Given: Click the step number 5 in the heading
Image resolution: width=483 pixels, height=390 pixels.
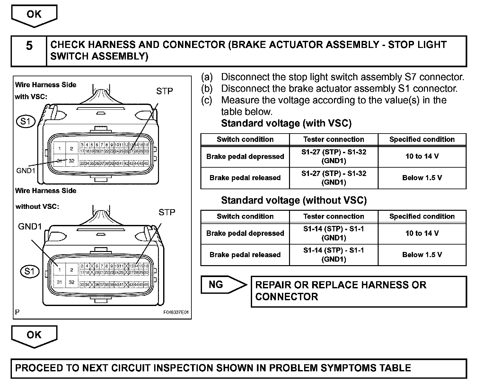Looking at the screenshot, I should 29,45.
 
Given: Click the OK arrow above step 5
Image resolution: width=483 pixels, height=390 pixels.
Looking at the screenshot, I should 34,15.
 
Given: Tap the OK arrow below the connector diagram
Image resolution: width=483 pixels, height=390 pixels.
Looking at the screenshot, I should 34,336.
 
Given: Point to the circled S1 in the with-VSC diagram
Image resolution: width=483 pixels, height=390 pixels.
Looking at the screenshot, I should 25,122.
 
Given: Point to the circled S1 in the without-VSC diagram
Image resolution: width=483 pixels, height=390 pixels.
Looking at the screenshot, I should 29,271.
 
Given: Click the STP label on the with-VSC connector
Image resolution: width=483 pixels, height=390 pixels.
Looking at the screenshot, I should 164,91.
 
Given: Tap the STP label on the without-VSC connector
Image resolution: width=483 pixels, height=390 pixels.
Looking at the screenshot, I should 167,212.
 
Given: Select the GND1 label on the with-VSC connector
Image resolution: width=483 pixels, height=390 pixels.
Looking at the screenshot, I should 26,171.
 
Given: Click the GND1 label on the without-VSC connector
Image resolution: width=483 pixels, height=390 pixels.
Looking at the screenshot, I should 30,227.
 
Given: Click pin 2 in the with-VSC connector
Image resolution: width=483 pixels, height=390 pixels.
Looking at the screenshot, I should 72,149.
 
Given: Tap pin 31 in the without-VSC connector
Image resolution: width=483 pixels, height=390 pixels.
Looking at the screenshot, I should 59,282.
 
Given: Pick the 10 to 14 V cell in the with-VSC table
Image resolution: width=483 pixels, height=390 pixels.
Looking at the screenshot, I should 422,156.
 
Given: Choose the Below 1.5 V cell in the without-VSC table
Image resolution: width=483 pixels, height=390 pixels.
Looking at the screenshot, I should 422,255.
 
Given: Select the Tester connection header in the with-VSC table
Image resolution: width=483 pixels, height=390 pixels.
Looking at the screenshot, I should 334,139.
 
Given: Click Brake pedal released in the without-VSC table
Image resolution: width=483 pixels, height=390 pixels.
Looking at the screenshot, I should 245,255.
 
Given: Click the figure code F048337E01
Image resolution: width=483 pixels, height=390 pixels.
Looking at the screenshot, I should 176,312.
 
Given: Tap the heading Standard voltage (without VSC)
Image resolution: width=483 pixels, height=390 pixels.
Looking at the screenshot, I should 294,200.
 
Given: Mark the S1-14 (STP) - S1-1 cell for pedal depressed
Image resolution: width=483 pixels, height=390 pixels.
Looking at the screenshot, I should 334,233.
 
